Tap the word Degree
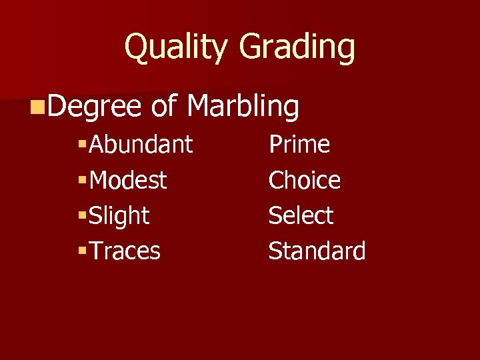tap(95, 107)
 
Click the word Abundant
tap(141, 144)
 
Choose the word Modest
tap(128, 180)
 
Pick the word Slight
tap(119, 215)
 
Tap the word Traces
tap(125, 251)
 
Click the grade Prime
tap(299, 144)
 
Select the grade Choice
tap(304, 180)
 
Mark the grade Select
tap(301, 215)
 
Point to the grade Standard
tap(317, 251)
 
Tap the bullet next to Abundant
tap(83, 145)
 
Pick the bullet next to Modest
tap(83, 180)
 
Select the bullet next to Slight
tap(83, 215)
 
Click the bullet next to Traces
tap(83, 251)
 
